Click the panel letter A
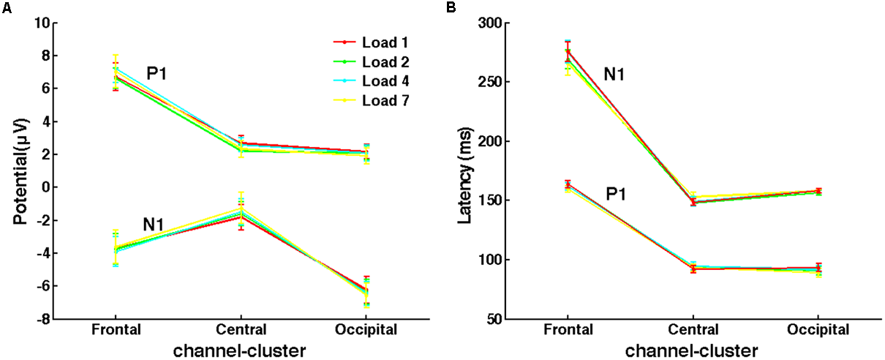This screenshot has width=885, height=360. click(x=6, y=7)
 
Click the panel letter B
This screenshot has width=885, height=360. click(x=452, y=7)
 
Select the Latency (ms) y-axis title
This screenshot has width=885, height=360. click(x=464, y=172)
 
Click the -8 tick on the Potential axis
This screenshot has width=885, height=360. click(x=43, y=320)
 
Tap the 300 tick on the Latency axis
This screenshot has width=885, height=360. click(x=492, y=23)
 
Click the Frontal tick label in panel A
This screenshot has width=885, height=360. click(x=116, y=330)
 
